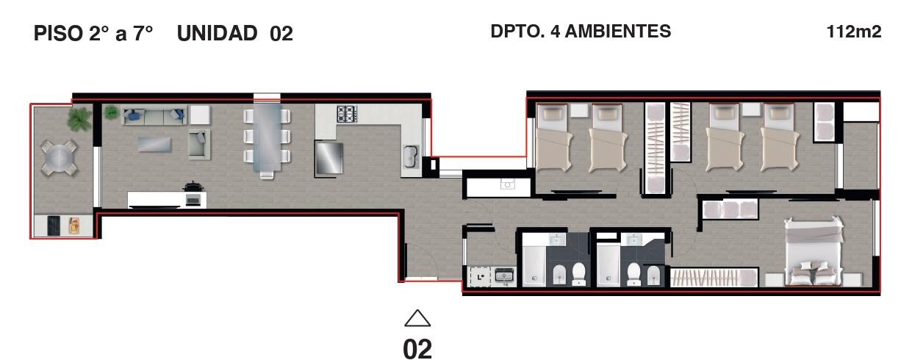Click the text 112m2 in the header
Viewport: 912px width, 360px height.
(x=854, y=32)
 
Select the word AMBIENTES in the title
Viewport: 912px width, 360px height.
(x=618, y=32)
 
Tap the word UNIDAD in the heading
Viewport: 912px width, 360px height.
(x=217, y=33)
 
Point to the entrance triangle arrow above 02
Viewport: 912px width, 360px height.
(x=417, y=318)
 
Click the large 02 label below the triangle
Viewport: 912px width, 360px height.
(x=417, y=349)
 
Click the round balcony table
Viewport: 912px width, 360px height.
(x=60, y=158)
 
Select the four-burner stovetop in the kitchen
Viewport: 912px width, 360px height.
(x=346, y=114)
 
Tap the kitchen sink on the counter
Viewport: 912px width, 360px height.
(x=411, y=156)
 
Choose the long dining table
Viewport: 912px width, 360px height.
(x=267, y=138)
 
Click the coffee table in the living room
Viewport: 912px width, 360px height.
(x=154, y=144)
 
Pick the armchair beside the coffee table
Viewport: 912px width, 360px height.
(x=198, y=144)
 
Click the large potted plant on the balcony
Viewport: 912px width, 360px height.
(x=79, y=118)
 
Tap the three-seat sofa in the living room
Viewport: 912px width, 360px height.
(x=154, y=115)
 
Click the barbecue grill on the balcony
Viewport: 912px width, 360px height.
(x=54, y=226)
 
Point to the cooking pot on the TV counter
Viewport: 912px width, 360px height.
(x=193, y=187)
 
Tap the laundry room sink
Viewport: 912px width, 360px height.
(x=504, y=276)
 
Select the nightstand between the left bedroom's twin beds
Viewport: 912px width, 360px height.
(x=579, y=110)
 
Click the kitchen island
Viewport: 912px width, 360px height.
(x=328, y=158)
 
